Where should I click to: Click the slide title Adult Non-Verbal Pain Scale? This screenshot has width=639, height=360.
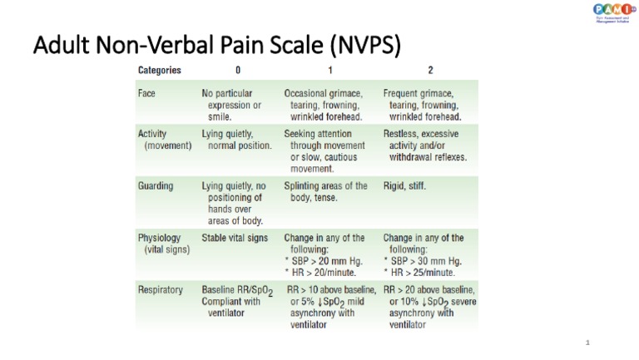coord(216,45)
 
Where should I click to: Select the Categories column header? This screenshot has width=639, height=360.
coord(159,71)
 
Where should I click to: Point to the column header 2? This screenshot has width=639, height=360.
coord(429,71)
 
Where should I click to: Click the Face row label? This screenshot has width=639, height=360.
coord(146,93)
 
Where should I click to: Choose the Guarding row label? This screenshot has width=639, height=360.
coord(156,186)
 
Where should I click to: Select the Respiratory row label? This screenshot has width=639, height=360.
coord(160,289)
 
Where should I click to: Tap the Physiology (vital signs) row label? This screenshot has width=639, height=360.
coord(163,243)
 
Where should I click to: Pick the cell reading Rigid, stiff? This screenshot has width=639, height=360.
coord(404,186)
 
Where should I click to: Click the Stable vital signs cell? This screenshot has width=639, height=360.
coord(235,238)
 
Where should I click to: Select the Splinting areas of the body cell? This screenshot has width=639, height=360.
coord(325,191)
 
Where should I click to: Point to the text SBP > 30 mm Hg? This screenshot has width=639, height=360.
coord(424,260)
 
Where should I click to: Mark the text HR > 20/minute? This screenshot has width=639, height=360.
coord(320,272)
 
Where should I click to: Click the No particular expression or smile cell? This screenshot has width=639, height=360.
coord(233,105)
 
